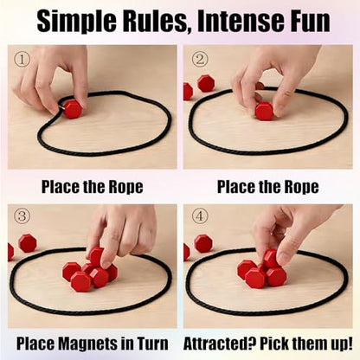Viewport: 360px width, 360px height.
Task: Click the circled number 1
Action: coord(22,60)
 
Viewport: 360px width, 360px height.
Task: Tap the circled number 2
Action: coord(199,60)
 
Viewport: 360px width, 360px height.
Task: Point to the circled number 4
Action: coord(199,216)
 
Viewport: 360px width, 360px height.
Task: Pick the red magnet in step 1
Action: coord(72,109)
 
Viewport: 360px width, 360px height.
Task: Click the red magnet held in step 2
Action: coord(264,110)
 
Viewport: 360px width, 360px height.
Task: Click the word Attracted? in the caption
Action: coord(220,344)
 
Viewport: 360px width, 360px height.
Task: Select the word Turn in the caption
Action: coord(152,344)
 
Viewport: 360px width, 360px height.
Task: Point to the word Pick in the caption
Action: coord(273,344)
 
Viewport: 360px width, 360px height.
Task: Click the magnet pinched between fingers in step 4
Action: coord(271,258)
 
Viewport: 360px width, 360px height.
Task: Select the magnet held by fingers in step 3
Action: coord(96,257)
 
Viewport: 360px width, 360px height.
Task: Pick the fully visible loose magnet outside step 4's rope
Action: coord(203,243)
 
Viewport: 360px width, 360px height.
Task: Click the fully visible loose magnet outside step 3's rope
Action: coord(28,243)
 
